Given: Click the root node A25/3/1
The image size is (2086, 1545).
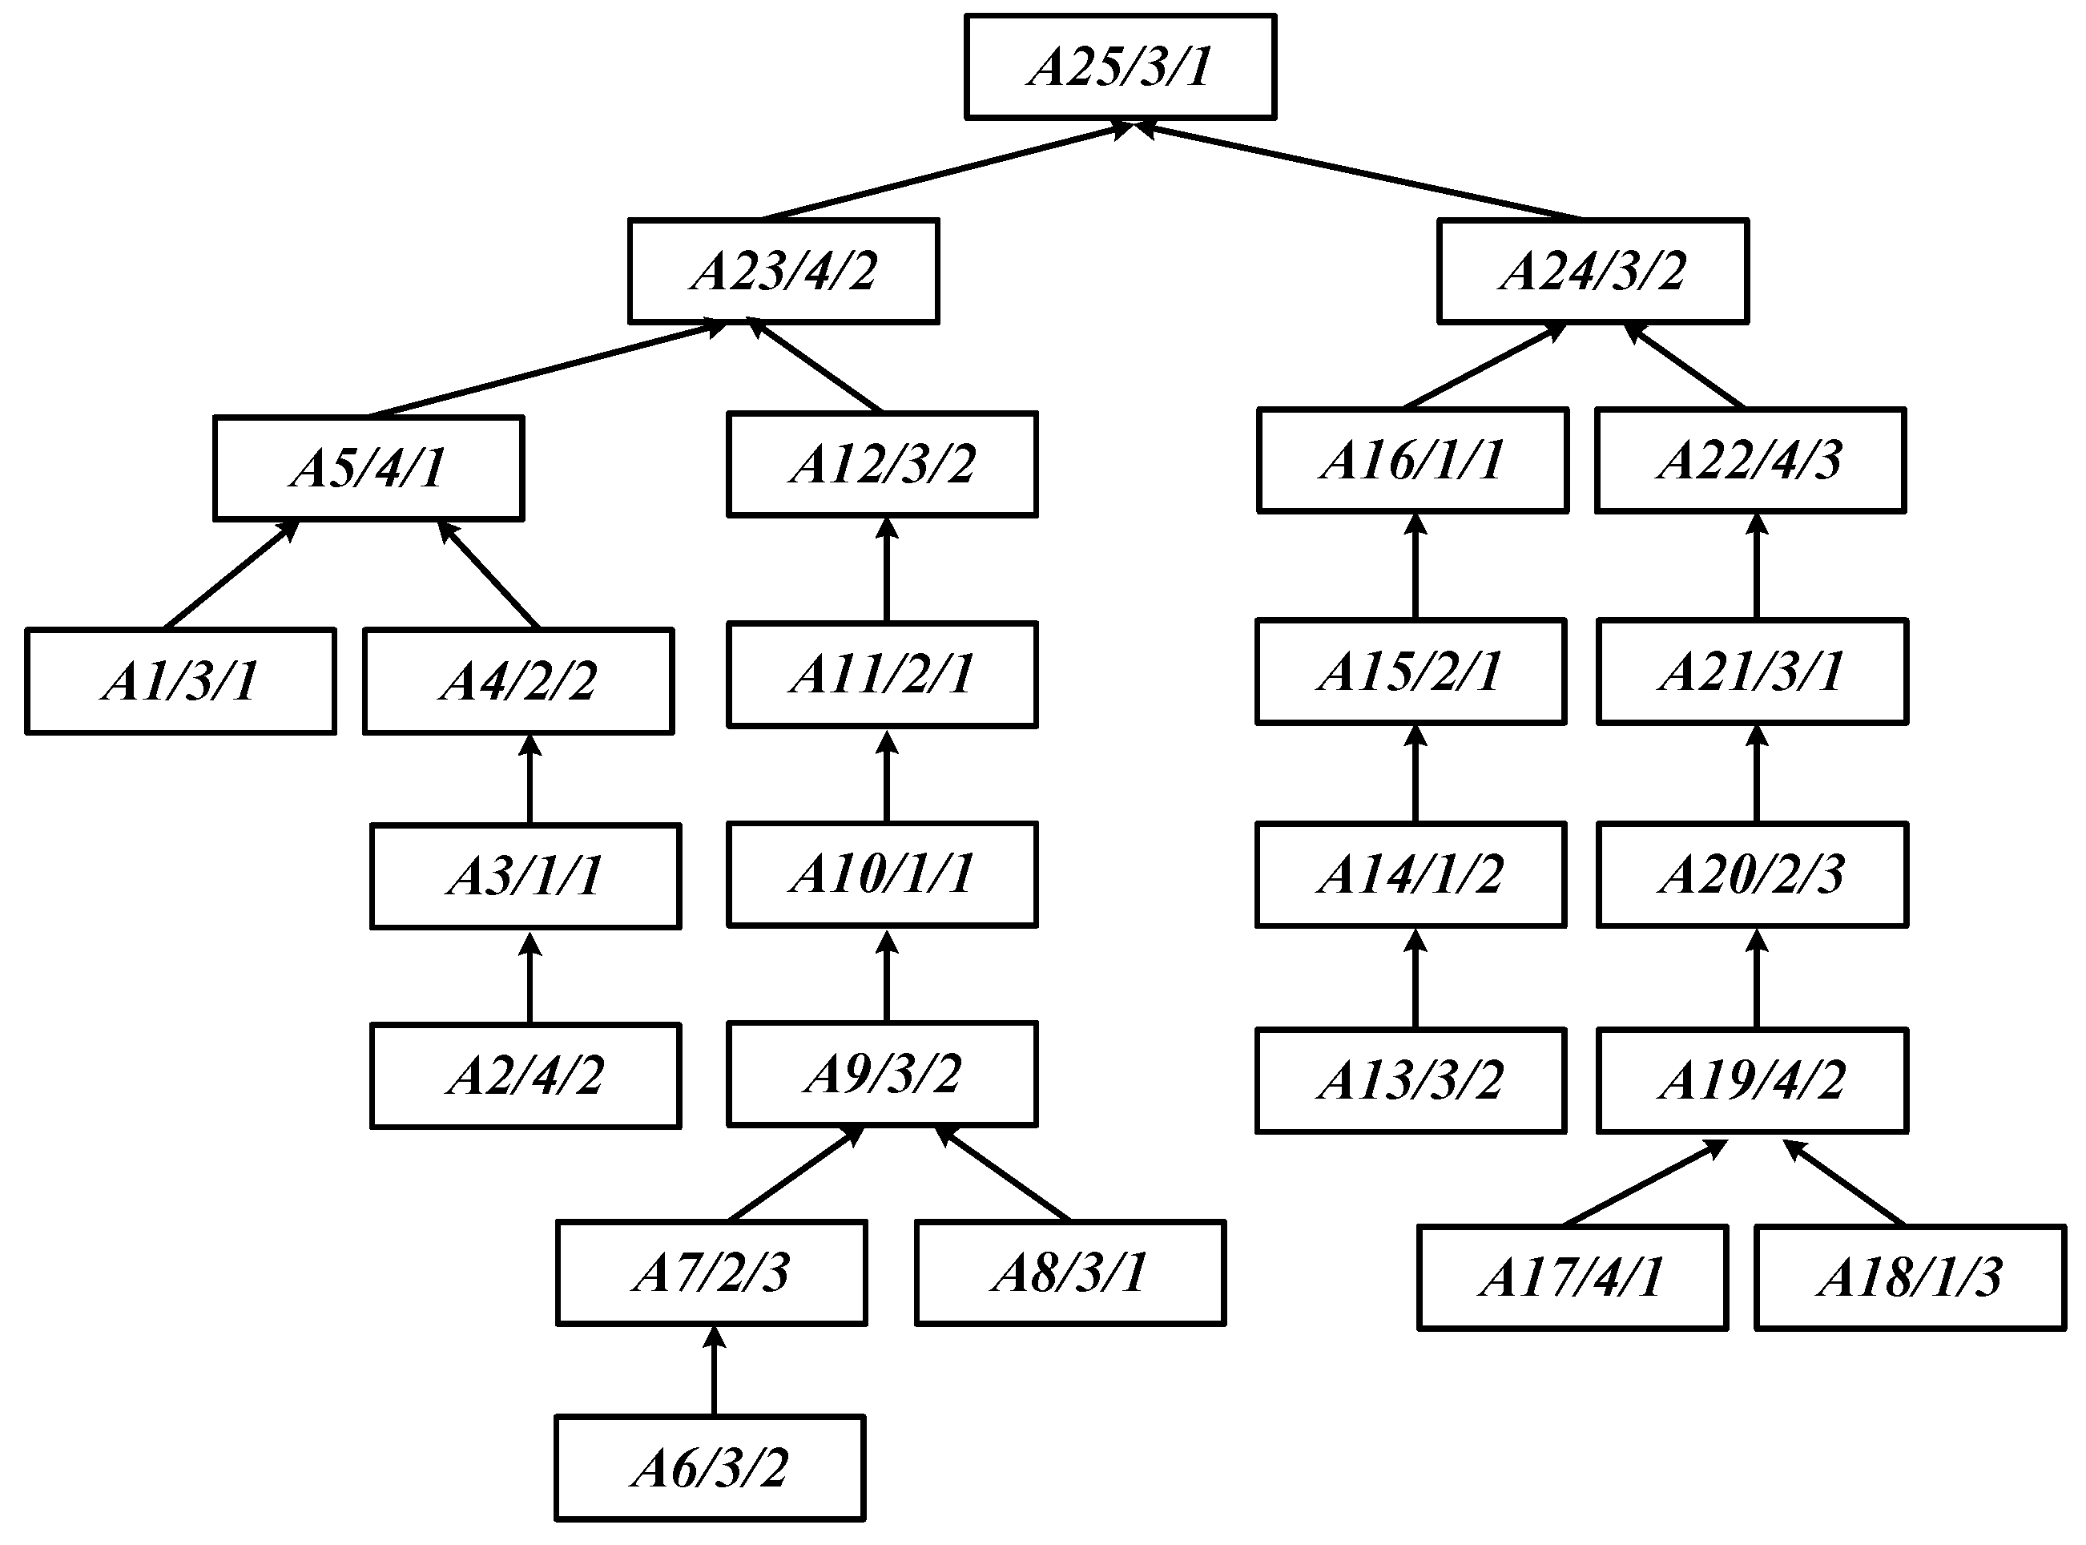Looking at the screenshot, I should (x=1120, y=67).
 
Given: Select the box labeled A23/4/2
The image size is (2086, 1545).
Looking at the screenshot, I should (x=783, y=271).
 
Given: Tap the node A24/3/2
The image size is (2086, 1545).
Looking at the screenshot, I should (x=1593, y=271).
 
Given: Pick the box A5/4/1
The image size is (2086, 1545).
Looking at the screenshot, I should (x=368, y=468).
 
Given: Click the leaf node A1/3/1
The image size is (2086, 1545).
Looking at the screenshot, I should (x=180, y=681).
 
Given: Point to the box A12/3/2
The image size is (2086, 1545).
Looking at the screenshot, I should (x=882, y=464).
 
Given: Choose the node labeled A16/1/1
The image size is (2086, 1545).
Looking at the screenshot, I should (x=1411, y=460).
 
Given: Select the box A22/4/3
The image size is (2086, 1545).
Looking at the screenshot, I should (x=1750, y=460).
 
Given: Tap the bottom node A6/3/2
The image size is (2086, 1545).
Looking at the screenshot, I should (x=710, y=1467).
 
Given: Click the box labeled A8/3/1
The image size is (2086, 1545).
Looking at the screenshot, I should (x=1069, y=1273).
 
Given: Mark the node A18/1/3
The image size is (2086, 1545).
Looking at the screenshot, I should (x=1909, y=1277).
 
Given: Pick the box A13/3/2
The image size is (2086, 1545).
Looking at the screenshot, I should (x=1410, y=1080).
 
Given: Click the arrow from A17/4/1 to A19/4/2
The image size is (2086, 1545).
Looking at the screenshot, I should (x=1644, y=1183).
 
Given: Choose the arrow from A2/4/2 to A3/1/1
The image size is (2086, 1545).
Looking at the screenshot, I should (x=530, y=978).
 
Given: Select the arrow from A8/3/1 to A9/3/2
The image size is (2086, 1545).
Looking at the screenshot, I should (x=1003, y=1174).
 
